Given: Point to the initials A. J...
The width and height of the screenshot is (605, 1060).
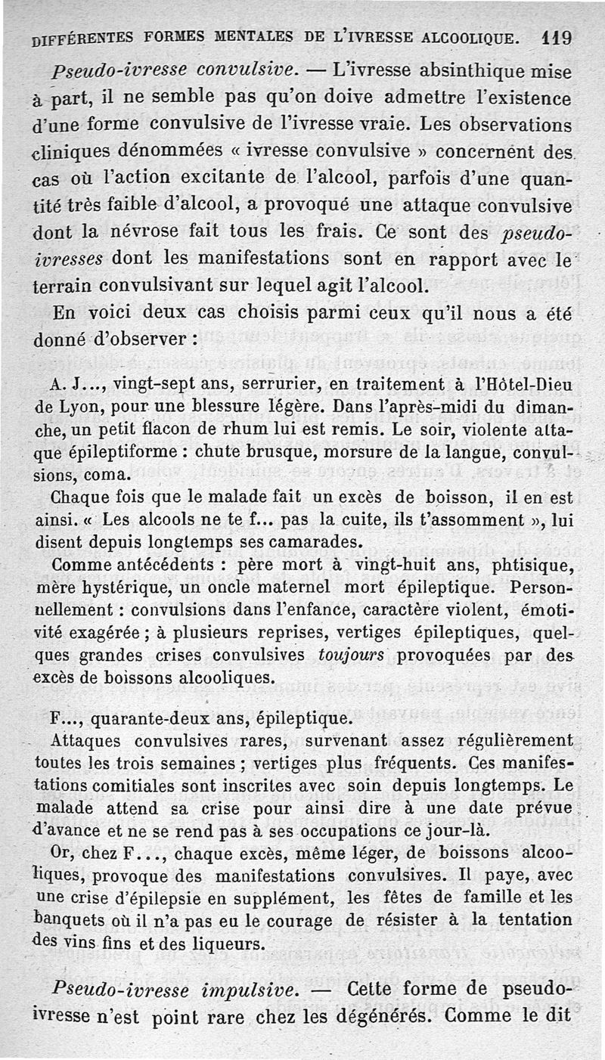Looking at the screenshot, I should [70, 384].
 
